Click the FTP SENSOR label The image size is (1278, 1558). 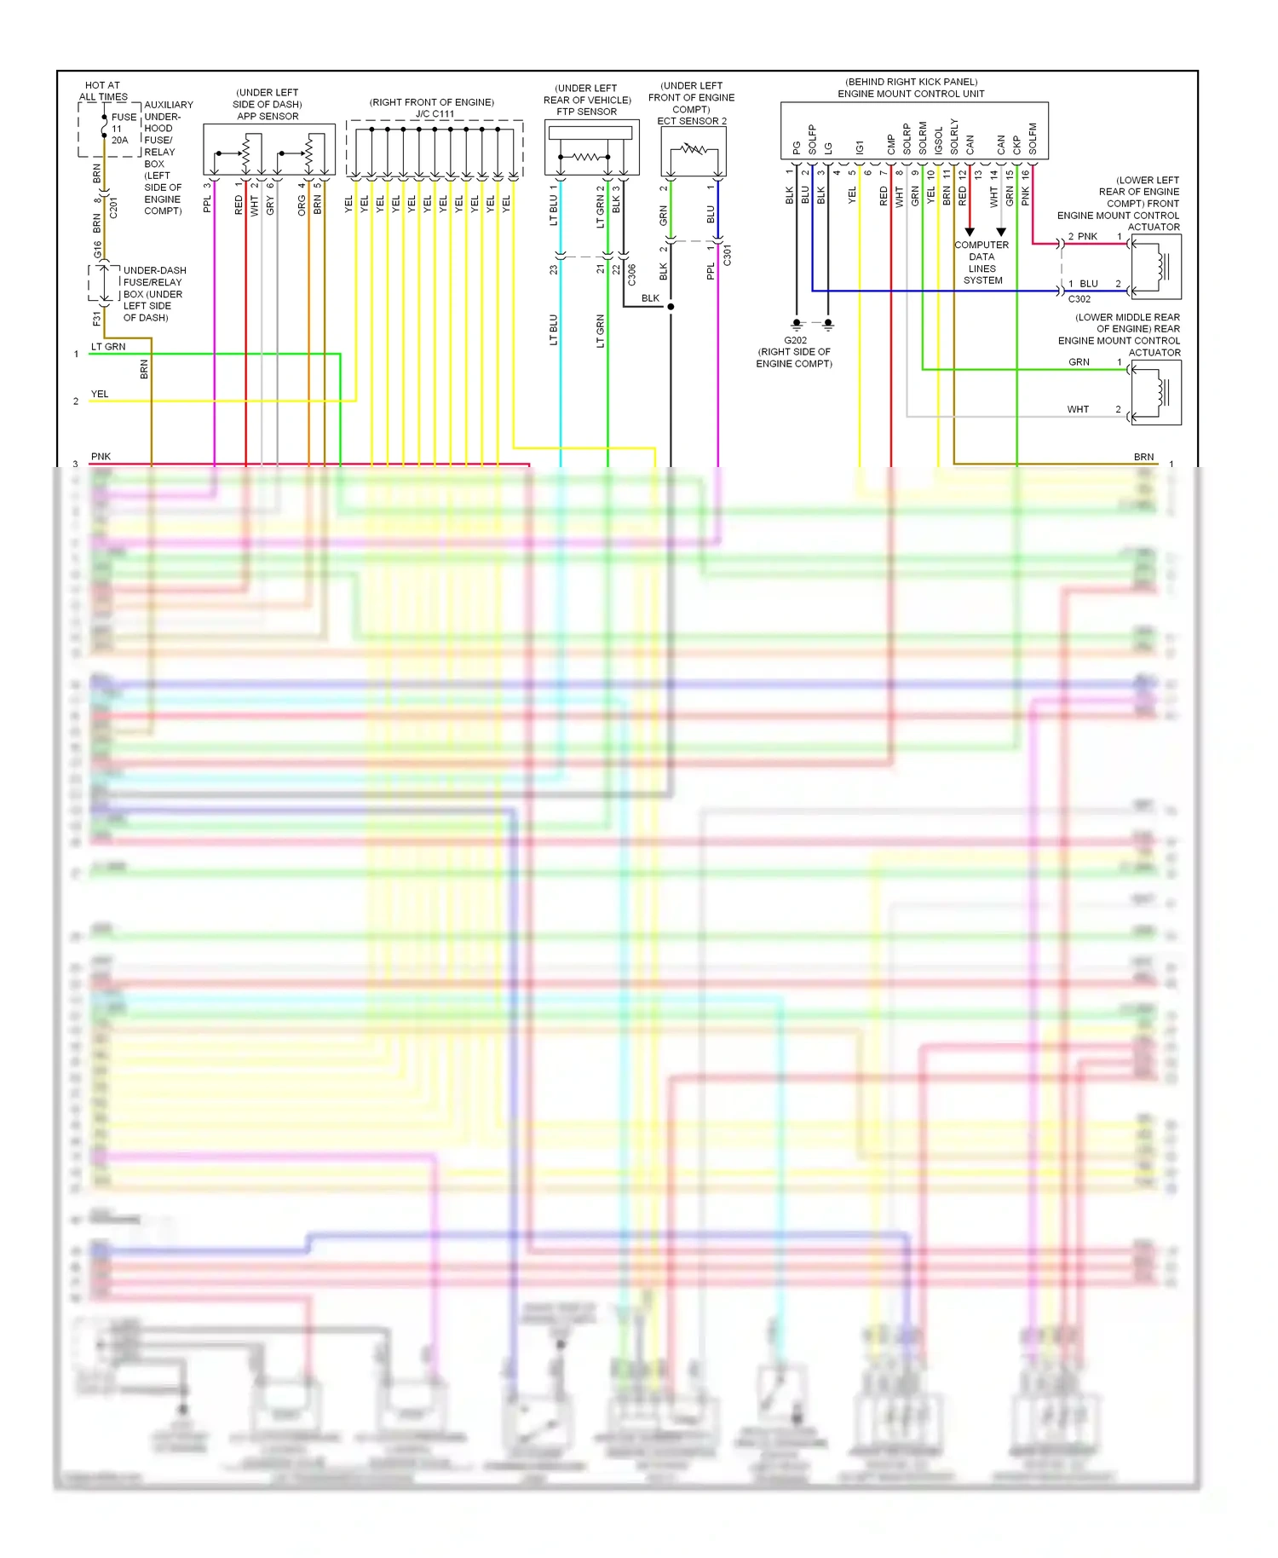click(586, 112)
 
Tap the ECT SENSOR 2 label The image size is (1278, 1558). click(692, 121)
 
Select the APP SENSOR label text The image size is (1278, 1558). click(268, 116)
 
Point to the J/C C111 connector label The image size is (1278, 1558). click(435, 113)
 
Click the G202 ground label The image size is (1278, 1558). click(795, 340)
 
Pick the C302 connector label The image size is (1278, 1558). click(1079, 299)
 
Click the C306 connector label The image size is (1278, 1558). click(631, 274)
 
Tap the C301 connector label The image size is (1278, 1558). click(727, 255)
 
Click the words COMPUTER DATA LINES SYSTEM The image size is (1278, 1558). click(982, 263)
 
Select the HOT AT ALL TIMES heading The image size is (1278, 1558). click(103, 91)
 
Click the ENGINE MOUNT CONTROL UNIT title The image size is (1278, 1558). click(911, 94)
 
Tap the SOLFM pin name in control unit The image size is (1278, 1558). click(1033, 139)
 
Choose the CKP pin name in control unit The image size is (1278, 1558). click(1016, 145)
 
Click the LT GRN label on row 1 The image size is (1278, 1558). click(108, 347)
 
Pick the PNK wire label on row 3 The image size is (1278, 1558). click(101, 457)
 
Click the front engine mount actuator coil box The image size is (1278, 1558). click(1156, 267)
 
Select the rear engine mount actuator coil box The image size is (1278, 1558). click(1156, 392)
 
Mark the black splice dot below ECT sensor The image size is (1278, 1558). click(671, 307)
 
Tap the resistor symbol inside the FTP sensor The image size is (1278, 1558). click(584, 157)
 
